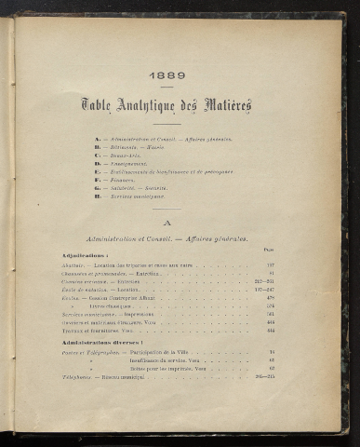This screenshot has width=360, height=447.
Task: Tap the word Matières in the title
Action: [x=228, y=106]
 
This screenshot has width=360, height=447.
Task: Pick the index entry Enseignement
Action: [x=131, y=163]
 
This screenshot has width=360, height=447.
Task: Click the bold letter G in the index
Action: [x=98, y=188]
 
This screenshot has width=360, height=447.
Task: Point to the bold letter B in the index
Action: [x=98, y=146]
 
